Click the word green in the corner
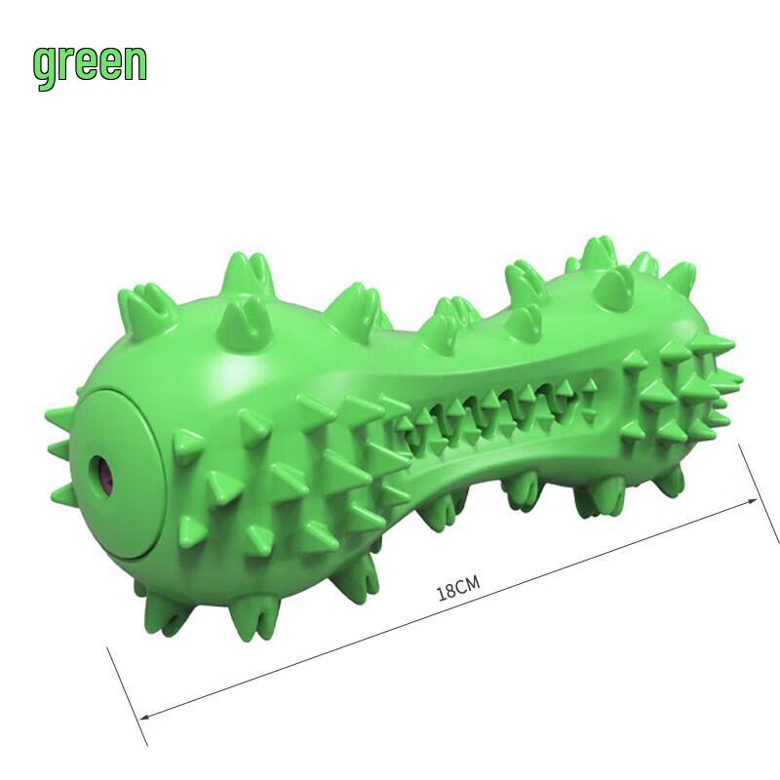[x=90, y=63]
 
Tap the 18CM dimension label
[x=458, y=589]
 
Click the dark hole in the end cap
[x=105, y=477]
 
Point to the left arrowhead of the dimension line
[x=146, y=716]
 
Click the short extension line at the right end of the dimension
[x=760, y=493]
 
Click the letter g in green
[x=44, y=66]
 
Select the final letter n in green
[x=135, y=62]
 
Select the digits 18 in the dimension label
[x=447, y=593]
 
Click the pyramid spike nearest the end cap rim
[x=185, y=448]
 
